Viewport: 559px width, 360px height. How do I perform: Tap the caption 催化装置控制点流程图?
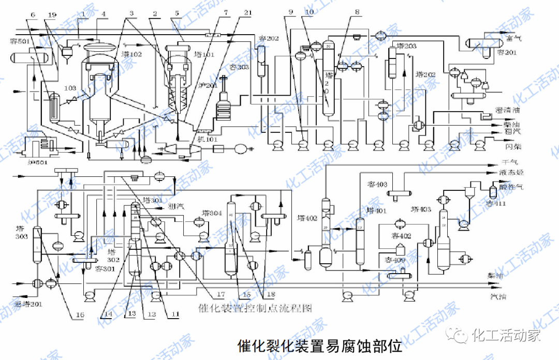point(256,308)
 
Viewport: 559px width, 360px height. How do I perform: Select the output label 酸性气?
point(511,187)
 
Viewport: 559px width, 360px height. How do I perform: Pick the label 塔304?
point(212,213)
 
